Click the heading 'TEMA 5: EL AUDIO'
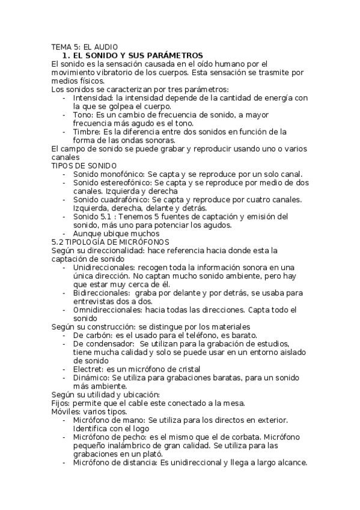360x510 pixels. [84, 46]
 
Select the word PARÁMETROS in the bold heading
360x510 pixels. [174, 55]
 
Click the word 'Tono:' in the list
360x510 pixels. [84, 114]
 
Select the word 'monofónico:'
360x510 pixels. [124, 174]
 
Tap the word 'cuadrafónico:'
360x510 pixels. [126, 199]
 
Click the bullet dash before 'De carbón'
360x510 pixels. [66, 334]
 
